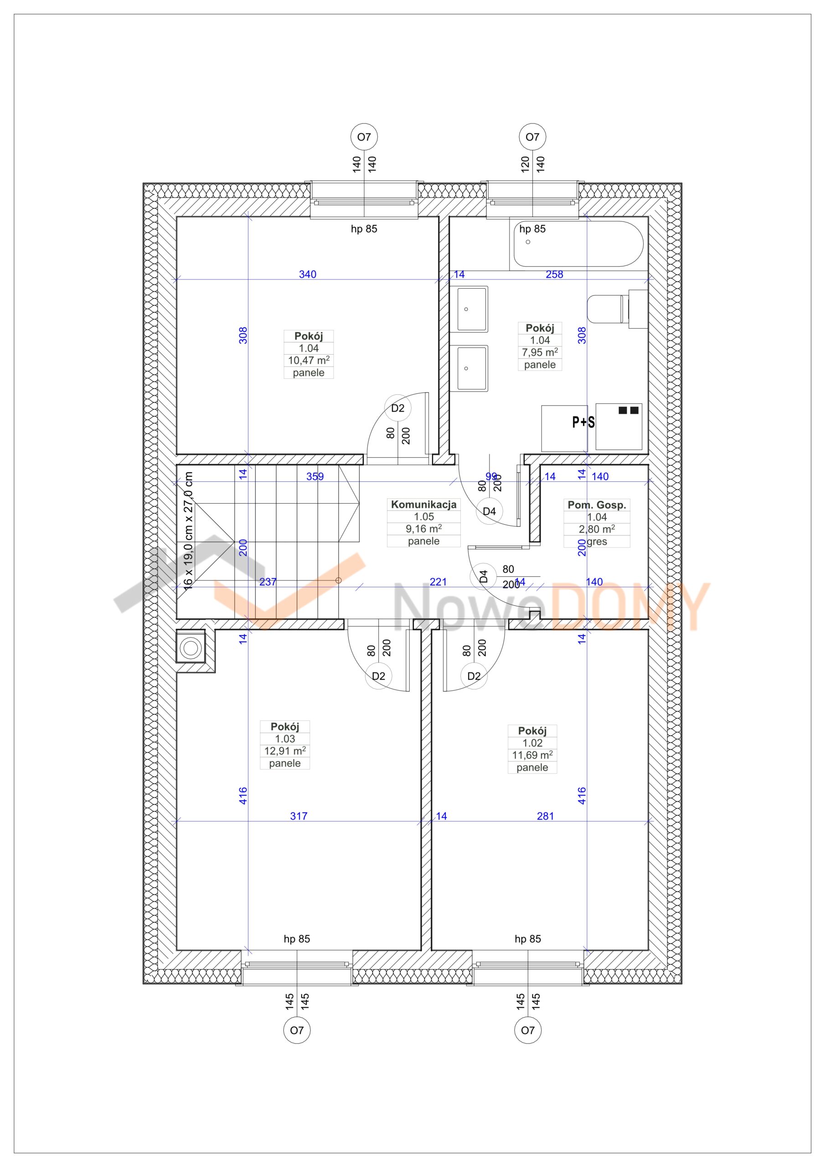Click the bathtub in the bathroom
(578, 244)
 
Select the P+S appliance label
(583, 422)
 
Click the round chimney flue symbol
(191, 647)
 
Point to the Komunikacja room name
(423, 504)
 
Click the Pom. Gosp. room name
(597, 505)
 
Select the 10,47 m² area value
(309, 361)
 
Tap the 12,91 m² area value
(285, 751)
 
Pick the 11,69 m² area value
(532, 755)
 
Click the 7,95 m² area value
(540, 352)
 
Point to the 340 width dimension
(308, 274)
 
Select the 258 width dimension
(555, 274)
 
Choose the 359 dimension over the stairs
(315, 476)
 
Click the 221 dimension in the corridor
(438, 582)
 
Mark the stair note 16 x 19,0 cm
(188, 531)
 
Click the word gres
(597, 541)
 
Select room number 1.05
(423, 516)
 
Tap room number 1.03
(285, 738)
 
